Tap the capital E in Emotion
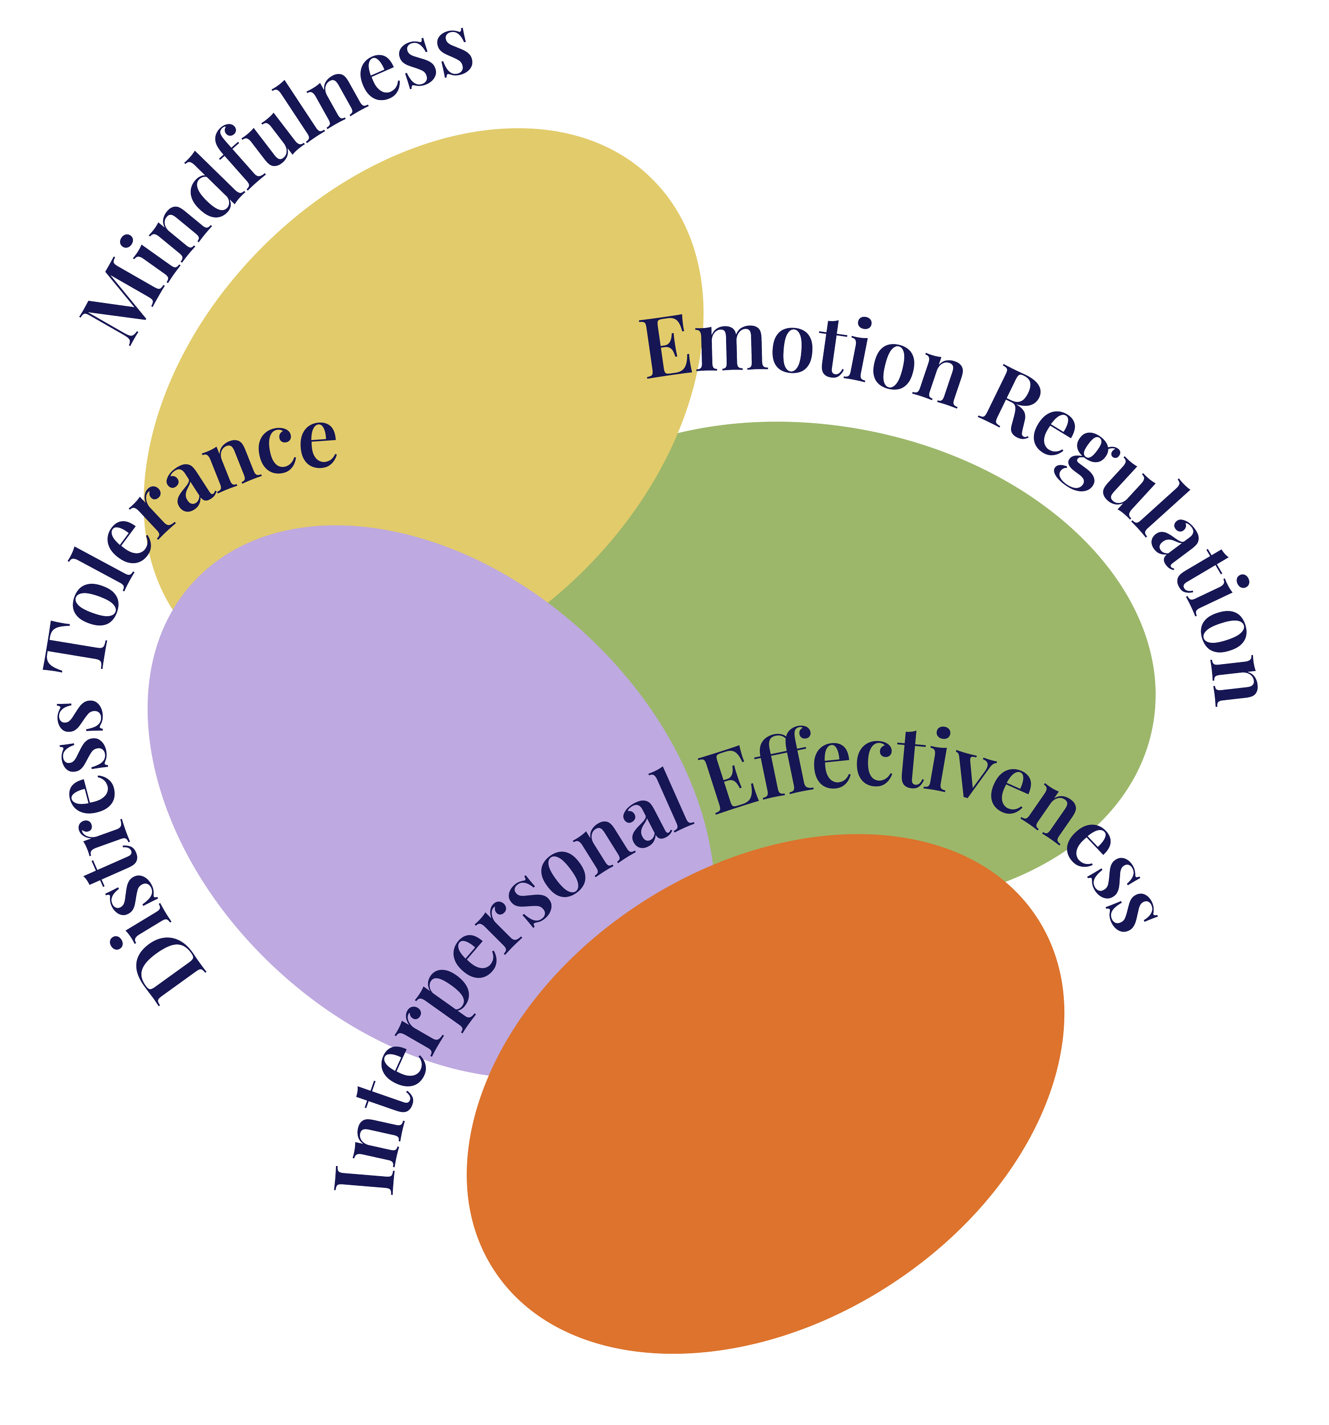pos(670,350)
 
